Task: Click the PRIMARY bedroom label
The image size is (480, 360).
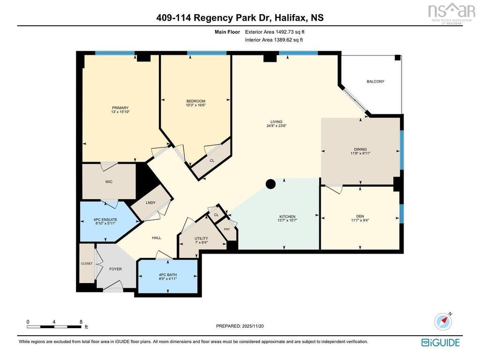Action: [120, 108]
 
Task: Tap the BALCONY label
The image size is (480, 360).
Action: [375, 82]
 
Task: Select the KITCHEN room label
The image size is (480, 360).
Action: [287, 217]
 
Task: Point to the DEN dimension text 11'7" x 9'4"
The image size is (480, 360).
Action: [360, 220]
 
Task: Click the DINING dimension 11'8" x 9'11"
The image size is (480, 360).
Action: [360, 153]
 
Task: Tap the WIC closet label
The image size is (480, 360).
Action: [109, 182]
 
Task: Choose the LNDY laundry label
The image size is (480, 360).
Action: [150, 202]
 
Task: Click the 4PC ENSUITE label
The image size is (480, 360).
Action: [105, 220]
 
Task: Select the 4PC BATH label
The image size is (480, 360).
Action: [168, 275]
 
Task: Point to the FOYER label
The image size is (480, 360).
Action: [115, 269]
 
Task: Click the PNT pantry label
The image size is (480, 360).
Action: [227, 229]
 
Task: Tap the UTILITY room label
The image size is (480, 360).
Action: [201, 239]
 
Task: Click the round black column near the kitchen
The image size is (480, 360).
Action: [270, 184]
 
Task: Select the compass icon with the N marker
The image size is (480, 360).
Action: [443, 322]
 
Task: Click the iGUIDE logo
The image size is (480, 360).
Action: [441, 342]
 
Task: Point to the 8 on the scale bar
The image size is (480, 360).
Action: [81, 322]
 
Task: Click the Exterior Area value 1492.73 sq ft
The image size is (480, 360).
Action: [290, 32]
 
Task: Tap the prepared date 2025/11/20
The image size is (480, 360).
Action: [253, 326]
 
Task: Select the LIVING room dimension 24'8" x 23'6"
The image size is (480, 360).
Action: [277, 126]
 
